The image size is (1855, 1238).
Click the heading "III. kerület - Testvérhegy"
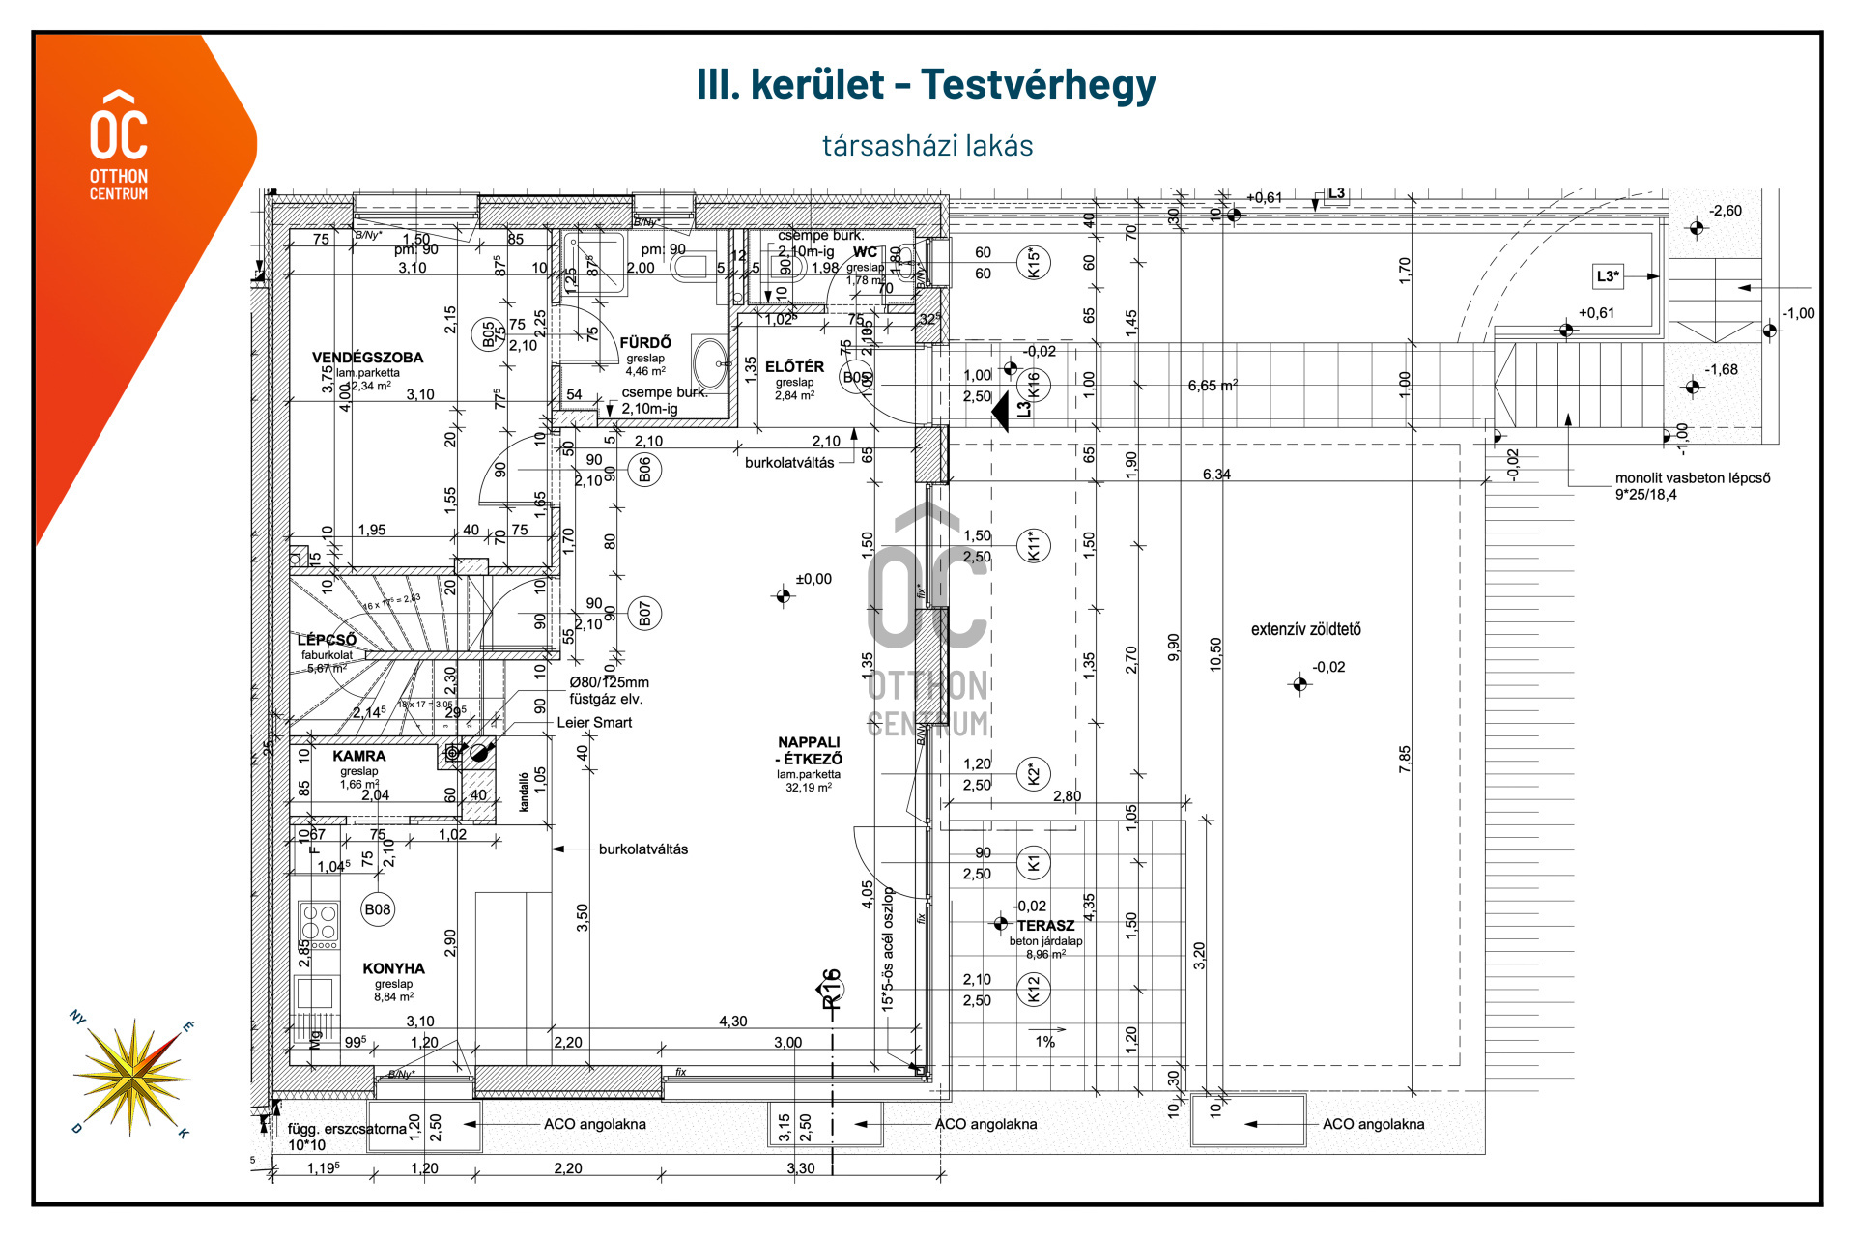[x=926, y=85]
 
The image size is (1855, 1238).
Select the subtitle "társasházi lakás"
[x=927, y=146]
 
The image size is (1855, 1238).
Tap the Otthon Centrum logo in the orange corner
[x=119, y=145]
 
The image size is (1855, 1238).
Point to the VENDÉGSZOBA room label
[x=367, y=358]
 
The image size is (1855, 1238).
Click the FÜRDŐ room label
[x=645, y=343]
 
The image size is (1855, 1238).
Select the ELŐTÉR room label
[x=794, y=367]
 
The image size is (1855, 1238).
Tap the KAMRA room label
[x=358, y=756]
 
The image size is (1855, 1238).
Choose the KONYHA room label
[x=393, y=968]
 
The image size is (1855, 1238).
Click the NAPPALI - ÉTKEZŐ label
[x=809, y=751]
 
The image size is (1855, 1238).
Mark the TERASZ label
[x=1045, y=926]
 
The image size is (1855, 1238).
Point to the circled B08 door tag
[x=378, y=909]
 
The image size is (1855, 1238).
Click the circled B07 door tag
[x=644, y=614]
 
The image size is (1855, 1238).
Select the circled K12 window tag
[x=1034, y=990]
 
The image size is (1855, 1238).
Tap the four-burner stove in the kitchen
[x=319, y=924]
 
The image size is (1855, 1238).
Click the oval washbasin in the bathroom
[x=710, y=363]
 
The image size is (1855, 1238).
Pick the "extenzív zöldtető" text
[x=1305, y=630]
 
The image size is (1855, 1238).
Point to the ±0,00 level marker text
[x=813, y=580]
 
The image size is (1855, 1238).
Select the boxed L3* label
[x=1608, y=276]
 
